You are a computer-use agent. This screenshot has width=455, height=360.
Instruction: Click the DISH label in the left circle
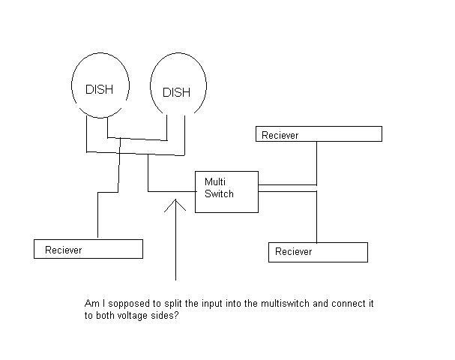(99, 89)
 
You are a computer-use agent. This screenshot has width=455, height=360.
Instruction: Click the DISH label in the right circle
(176, 92)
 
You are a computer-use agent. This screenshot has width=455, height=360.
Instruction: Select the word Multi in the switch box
(214, 182)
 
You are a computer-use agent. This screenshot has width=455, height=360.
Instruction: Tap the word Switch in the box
(219, 194)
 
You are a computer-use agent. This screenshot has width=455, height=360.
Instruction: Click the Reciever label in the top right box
(280, 135)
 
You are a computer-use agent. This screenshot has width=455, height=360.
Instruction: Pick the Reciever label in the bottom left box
(63, 250)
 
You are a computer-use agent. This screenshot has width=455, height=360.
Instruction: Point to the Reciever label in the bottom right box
(293, 251)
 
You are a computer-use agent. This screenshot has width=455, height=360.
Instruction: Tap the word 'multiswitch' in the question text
(285, 304)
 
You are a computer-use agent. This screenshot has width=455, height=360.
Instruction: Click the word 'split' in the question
(173, 304)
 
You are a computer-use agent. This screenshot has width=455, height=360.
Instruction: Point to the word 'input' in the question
(212, 304)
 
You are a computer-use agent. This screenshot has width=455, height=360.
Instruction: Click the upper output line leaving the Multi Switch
(287, 184)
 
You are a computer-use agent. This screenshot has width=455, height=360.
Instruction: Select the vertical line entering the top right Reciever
(316, 163)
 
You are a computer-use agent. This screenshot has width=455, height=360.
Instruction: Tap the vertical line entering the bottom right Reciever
(316, 217)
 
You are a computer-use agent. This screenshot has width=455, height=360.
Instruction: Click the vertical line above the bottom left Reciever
(97, 214)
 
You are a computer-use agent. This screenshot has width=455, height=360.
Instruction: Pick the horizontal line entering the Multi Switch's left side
(172, 191)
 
